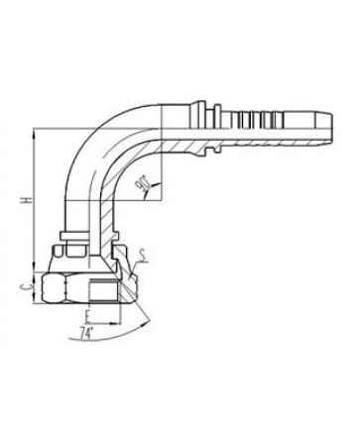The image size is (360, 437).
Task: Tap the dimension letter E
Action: [87, 316]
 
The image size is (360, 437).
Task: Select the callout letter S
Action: [143, 255]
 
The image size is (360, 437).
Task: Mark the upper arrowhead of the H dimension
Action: [34, 133]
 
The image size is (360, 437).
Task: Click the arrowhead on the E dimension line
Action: [116, 323]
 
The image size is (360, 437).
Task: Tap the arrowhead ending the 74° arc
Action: [146, 323]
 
